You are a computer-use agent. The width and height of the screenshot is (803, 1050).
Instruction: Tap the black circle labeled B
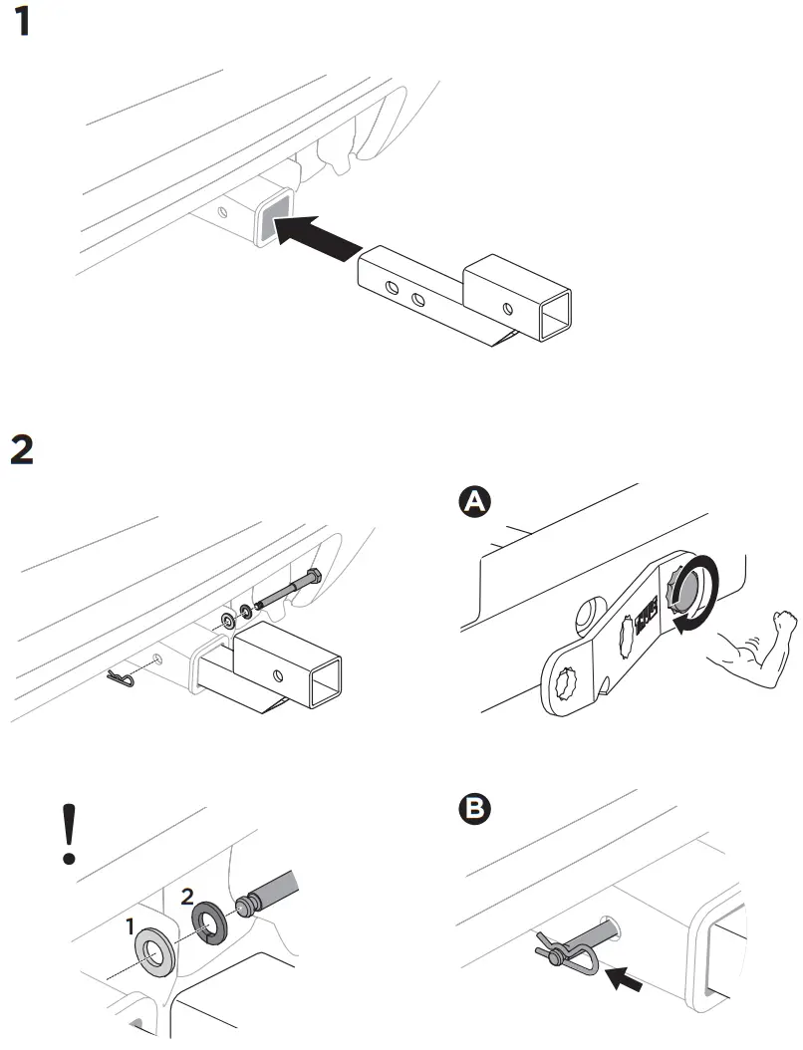click(x=476, y=809)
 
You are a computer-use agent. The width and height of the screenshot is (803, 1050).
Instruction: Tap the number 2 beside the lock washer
click(x=187, y=896)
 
